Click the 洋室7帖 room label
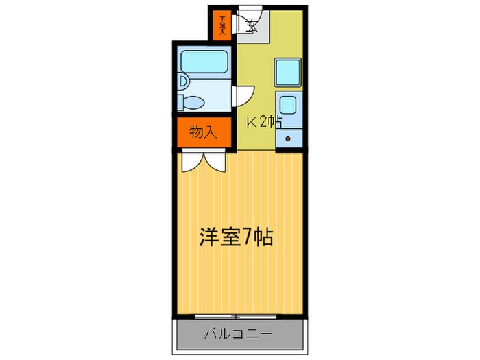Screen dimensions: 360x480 [237, 238]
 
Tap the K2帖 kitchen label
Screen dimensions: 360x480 [264, 123]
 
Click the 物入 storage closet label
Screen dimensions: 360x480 [203, 132]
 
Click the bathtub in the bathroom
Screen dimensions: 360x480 [204, 62]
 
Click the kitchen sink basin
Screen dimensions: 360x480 [289, 106]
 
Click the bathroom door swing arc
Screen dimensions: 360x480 [245, 95]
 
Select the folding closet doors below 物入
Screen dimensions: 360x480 [203, 160]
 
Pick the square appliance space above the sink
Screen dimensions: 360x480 [288, 73]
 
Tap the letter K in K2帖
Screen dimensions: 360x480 [252, 123]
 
